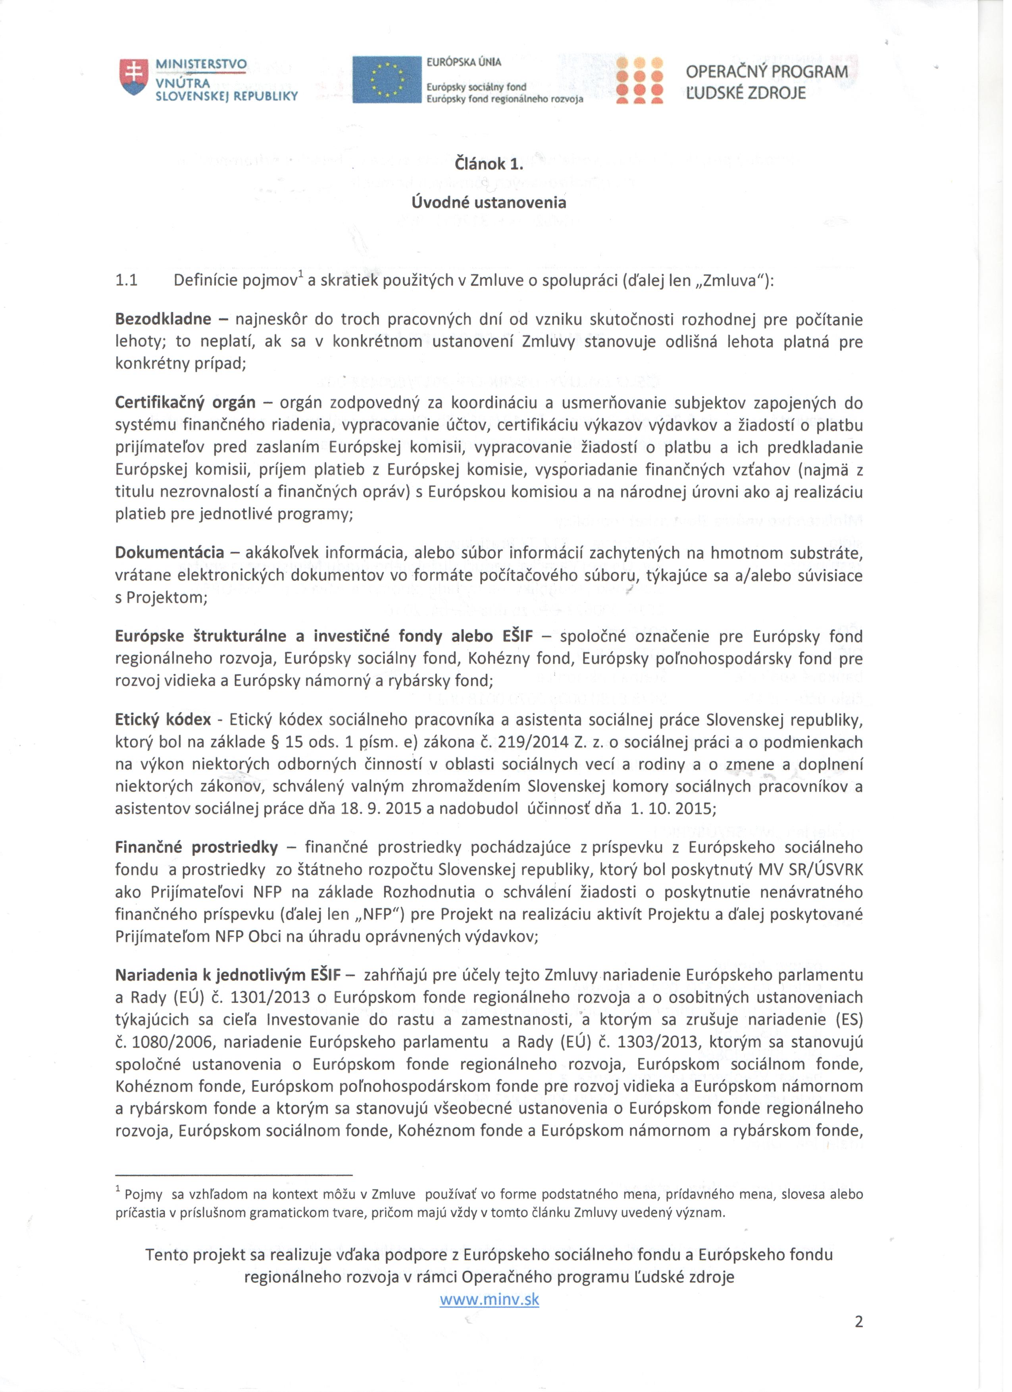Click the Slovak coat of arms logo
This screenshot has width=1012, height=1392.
134,77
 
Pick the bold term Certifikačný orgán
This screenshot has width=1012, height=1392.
185,403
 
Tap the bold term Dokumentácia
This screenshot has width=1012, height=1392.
170,553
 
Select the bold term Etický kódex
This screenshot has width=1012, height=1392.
163,720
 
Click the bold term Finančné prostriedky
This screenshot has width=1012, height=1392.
196,848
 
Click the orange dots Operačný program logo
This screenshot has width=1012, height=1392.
640,80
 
